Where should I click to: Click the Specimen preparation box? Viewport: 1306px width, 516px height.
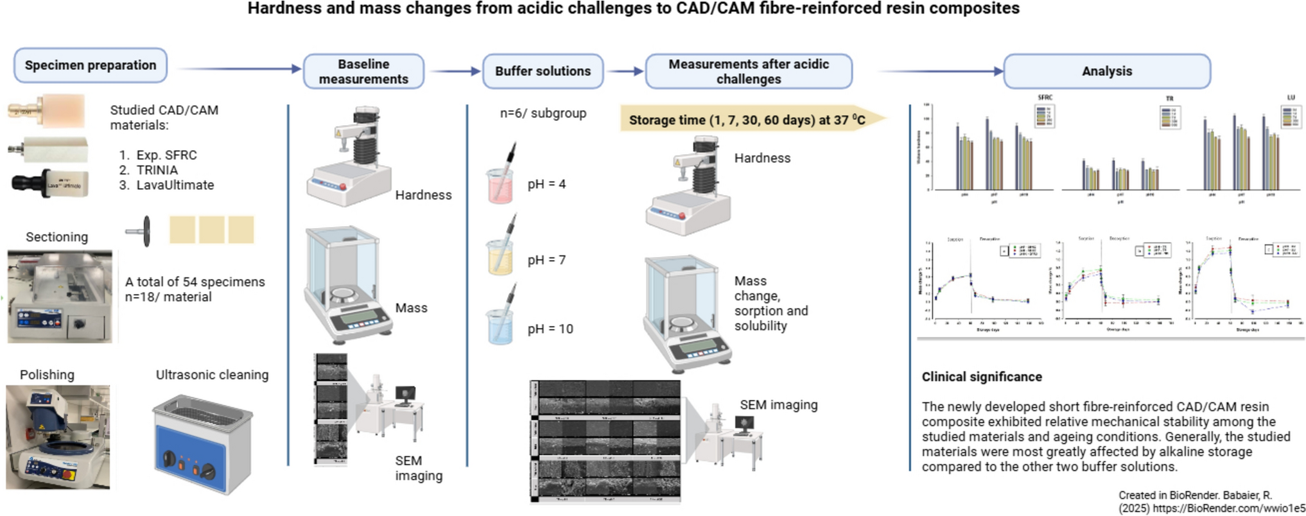click(x=91, y=65)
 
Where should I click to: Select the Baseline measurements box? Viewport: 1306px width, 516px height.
click(x=363, y=71)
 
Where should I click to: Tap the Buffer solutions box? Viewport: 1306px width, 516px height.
click(x=543, y=71)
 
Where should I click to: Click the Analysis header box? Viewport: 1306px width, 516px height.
click(x=1106, y=71)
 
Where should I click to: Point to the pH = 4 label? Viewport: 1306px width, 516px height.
click(x=546, y=184)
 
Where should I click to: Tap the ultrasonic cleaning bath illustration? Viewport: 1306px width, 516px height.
click(x=203, y=443)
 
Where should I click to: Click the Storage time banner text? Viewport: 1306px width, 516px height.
click(x=747, y=120)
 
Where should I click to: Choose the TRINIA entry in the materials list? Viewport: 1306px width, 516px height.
click(x=157, y=170)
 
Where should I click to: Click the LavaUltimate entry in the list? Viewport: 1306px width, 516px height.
click(x=175, y=185)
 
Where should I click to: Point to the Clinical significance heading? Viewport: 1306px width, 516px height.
click(x=982, y=377)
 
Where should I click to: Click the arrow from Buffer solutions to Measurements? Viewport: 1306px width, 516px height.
click(x=625, y=71)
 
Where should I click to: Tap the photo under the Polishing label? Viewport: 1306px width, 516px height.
click(x=58, y=436)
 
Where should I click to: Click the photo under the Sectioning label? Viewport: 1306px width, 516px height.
click(x=60, y=296)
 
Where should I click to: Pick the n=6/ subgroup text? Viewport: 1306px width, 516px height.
click(x=543, y=114)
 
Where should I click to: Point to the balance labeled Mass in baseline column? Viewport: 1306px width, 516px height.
click(x=347, y=286)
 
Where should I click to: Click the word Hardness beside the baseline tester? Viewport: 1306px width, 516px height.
click(x=423, y=195)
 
